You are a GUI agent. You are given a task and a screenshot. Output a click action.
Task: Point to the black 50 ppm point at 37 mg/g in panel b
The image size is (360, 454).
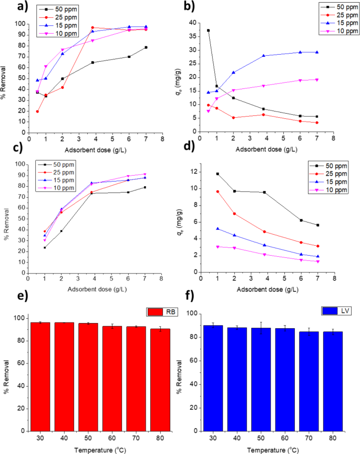coord(208,31)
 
